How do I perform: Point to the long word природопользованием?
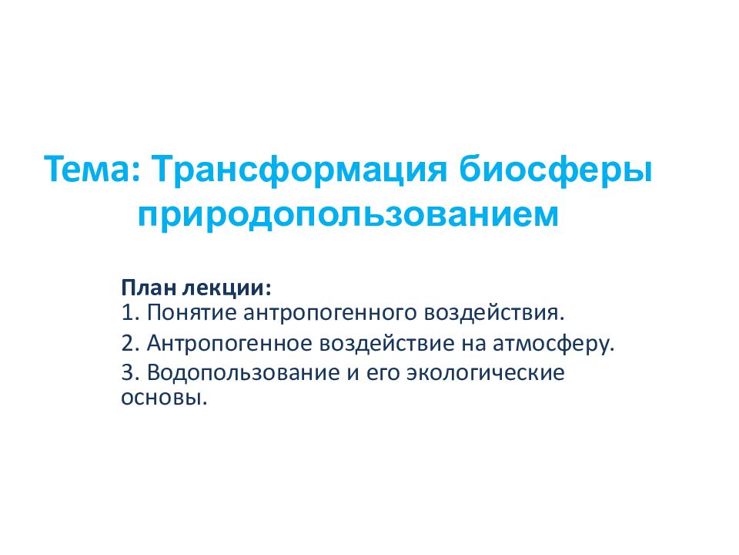tap(348, 216)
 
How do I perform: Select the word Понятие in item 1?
tap(192, 314)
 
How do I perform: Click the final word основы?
tap(164, 399)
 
